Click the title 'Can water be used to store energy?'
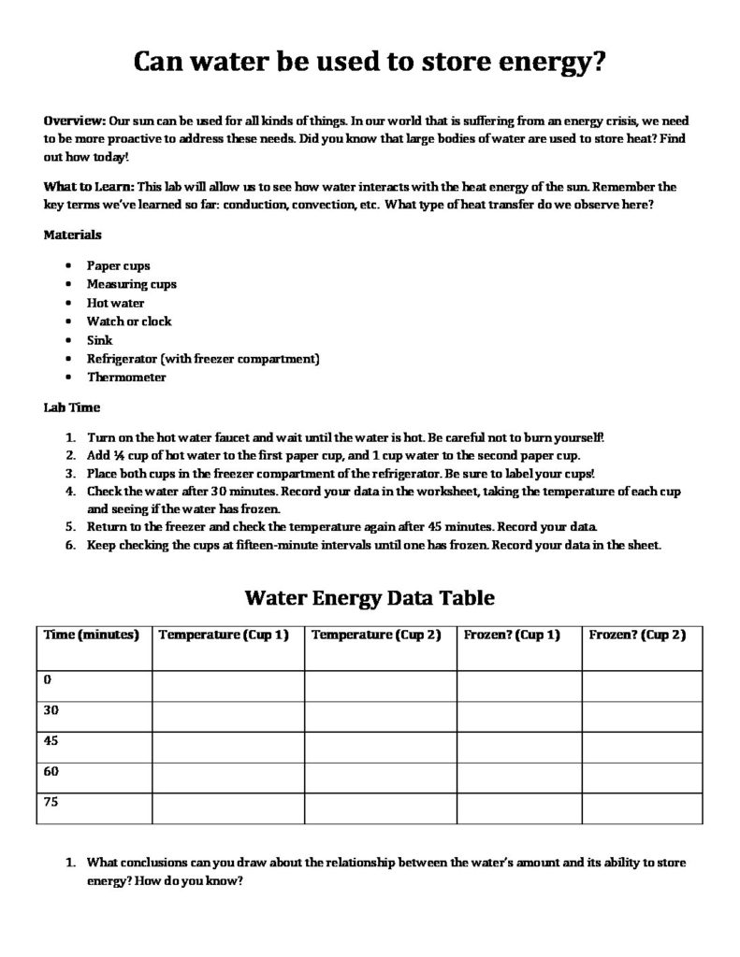(x=370, y=63)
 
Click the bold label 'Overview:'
(x=75, y=122)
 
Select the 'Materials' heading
(x=73, y=235)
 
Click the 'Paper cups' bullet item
(x=118, y=265)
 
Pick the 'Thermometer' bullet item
(x=126, y=378)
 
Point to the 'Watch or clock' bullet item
(x=129, y=321)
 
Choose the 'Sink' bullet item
(x=99, y=340)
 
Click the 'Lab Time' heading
(x=72, y=407)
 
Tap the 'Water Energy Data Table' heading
(x=370, y=597)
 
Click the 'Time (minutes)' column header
(x=92, y=636)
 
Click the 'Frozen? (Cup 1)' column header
(x=512, y=636)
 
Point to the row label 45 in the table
(x=51, y=740)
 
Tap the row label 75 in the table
(x=51, y=802)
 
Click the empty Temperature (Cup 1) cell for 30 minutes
(x=227, y=716)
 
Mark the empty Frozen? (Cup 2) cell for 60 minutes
(x=643, y=778)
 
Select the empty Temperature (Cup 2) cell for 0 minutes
(x=380, y=685)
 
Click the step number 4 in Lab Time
(x=70, y=492)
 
